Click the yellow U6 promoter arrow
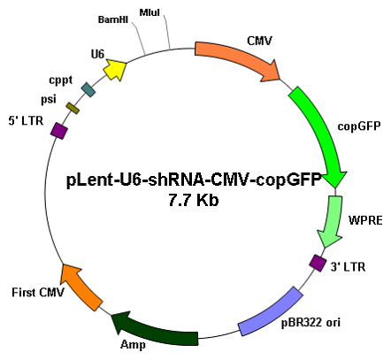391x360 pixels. [115, 70]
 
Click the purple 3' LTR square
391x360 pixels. [318, 264]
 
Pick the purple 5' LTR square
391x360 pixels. [59, 131]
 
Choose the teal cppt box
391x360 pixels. [88, 89]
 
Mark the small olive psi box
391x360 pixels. [73, 108]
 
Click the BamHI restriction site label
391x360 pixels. [113, 19]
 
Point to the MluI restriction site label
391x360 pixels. [149, 12]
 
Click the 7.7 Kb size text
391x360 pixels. [194, 201]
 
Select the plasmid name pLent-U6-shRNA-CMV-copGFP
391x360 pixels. [194, 180]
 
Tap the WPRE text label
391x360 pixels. [365, 220]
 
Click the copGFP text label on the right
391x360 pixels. [359, 126]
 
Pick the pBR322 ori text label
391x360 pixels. [310, 322]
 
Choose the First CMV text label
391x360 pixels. [38, 293]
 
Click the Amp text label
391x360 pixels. [133, 345]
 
